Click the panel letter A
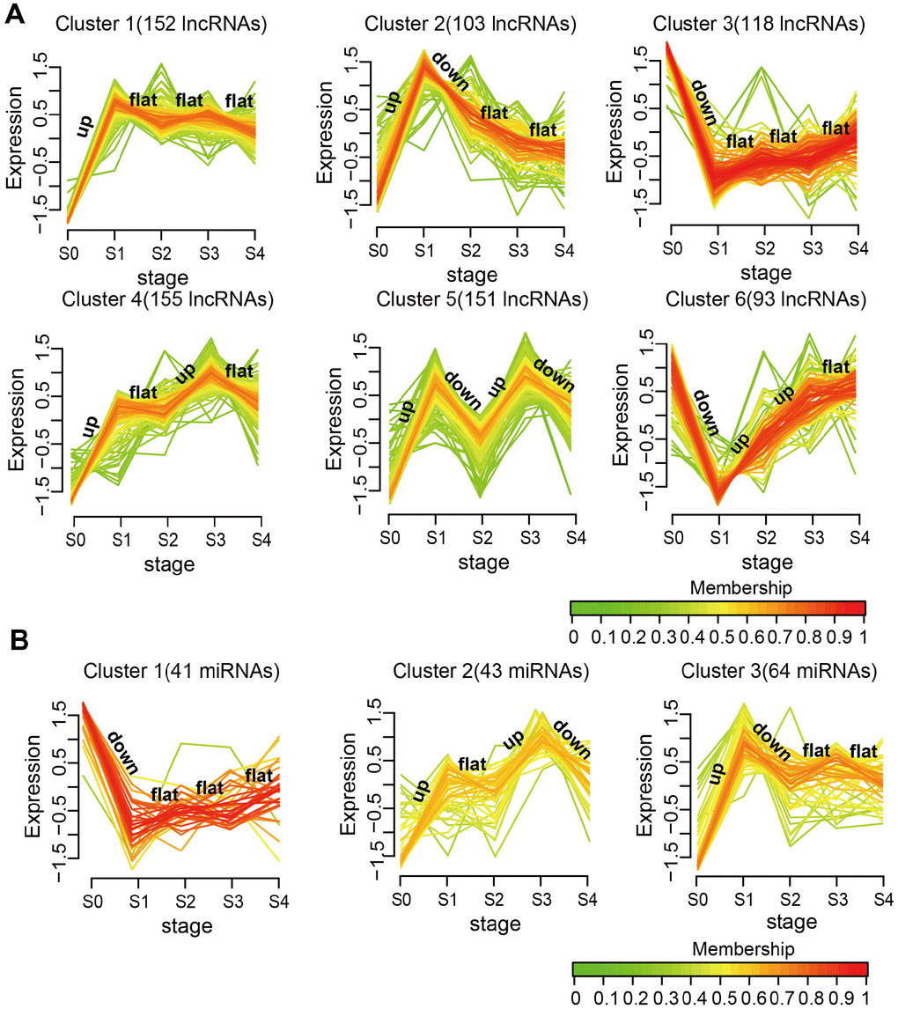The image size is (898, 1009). (x=17, y=15)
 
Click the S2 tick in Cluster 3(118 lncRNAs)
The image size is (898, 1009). (x=764, y=250)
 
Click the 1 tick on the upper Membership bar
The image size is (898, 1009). (x=866, y=636)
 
